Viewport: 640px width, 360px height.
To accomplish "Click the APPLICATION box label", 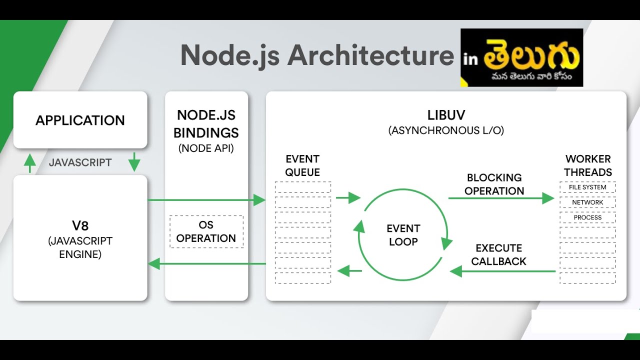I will tap(80, 120).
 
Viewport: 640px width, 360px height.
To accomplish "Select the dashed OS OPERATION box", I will tap(206, 231).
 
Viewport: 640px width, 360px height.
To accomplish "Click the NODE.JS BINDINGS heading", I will tap(206, 124).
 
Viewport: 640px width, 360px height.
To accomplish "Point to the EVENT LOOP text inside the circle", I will tap(403, 235).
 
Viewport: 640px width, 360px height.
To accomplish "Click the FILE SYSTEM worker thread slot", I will tap(587, 187).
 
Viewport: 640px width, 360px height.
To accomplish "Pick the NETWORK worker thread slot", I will tap(587, 202).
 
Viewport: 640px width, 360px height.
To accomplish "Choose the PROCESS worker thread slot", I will tap(587, 217).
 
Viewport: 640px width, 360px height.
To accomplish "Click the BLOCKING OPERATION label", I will tap(494, 184).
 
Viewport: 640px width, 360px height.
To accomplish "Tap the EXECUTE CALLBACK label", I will tap(498, 254).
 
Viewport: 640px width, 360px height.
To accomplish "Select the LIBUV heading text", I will tap(446, 115).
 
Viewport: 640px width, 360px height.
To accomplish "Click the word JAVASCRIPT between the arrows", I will tap(80, 162).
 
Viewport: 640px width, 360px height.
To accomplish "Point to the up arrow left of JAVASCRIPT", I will tap(30, 163).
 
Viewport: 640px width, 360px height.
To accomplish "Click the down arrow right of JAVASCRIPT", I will tap(134, 162).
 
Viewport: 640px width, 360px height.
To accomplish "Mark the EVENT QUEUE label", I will tap(302, 165).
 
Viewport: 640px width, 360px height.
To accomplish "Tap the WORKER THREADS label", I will tap(588, 165).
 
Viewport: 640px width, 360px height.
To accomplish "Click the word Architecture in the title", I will tap(370, 55).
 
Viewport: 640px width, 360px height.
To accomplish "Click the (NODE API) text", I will tap(206, 148).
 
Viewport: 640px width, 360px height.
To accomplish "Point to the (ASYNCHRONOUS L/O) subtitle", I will tap(446, 130).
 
